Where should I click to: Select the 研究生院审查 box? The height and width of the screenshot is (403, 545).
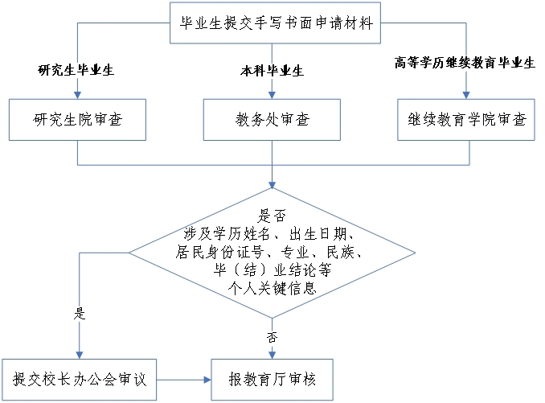tap(78, 120)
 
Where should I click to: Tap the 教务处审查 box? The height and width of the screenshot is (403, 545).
tap(272, 120)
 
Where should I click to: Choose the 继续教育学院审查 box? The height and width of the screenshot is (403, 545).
tap(466, 120)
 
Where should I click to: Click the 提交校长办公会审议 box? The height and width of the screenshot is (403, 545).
tap(78, 378)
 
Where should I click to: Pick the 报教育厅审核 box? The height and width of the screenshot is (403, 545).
tap(272, 378)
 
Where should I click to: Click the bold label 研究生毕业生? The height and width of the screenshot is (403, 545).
tap(76, 70)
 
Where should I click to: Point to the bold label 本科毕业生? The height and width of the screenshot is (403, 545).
tap(272, 71)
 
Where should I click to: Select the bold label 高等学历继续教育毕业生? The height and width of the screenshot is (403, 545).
tap(465, 64)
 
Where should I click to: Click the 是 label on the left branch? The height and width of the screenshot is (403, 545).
tap(78, 314)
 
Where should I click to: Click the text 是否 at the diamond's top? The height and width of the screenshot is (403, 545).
tap(272, 216)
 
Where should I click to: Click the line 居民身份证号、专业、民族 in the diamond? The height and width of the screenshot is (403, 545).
tap(272, 252)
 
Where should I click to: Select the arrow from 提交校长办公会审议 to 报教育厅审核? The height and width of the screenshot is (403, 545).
tap(183, 378)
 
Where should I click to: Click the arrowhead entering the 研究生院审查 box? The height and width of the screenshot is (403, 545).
tap(78, 95)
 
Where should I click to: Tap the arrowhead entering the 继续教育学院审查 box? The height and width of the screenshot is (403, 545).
tap(466, 95)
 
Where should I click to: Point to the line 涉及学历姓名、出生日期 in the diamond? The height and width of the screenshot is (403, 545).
tap(272, 234)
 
